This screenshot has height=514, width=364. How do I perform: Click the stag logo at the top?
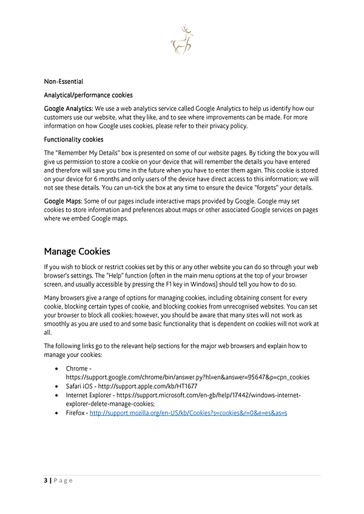click(182, 40)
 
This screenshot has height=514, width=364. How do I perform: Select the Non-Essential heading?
click(64, 81)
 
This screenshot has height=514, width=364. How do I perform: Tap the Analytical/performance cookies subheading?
click(88, 95)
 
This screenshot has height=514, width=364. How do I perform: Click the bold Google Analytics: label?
click(68, 108)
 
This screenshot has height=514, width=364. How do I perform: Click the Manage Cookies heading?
click(77, 251)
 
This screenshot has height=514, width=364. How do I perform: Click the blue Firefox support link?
click(188, 413)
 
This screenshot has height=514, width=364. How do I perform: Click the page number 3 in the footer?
click(45, 481)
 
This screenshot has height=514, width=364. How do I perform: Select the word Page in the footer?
click(63, 481)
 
